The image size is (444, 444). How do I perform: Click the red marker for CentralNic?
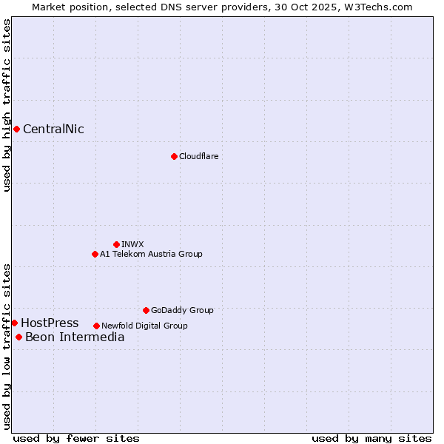[16, 129]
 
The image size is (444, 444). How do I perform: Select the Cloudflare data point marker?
[174, 156]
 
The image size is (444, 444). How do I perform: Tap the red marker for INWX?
[116, 244]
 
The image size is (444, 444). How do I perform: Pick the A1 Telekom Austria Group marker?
[95, 254]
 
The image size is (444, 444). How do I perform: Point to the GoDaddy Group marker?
[146, 310]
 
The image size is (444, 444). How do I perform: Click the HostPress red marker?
[14, 323]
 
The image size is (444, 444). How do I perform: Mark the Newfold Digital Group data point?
[96, 326]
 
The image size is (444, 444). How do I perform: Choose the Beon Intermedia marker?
[18, 337]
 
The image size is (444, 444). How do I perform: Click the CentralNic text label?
[53, 129]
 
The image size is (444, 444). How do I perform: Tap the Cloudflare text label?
[198, 157]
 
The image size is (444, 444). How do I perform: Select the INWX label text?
[132, 245]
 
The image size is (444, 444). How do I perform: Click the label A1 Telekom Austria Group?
[151, 255]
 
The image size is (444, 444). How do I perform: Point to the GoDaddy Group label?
[182, 311]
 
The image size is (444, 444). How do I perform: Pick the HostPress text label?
[50, 323]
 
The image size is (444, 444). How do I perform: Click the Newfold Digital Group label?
[144, 326]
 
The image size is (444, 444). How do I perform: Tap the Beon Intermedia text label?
[75, 338]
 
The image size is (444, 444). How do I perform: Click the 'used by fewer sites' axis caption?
[76, 438]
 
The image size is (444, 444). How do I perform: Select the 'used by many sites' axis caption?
[371, 438]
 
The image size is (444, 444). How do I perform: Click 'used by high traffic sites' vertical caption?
[7, 106]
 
